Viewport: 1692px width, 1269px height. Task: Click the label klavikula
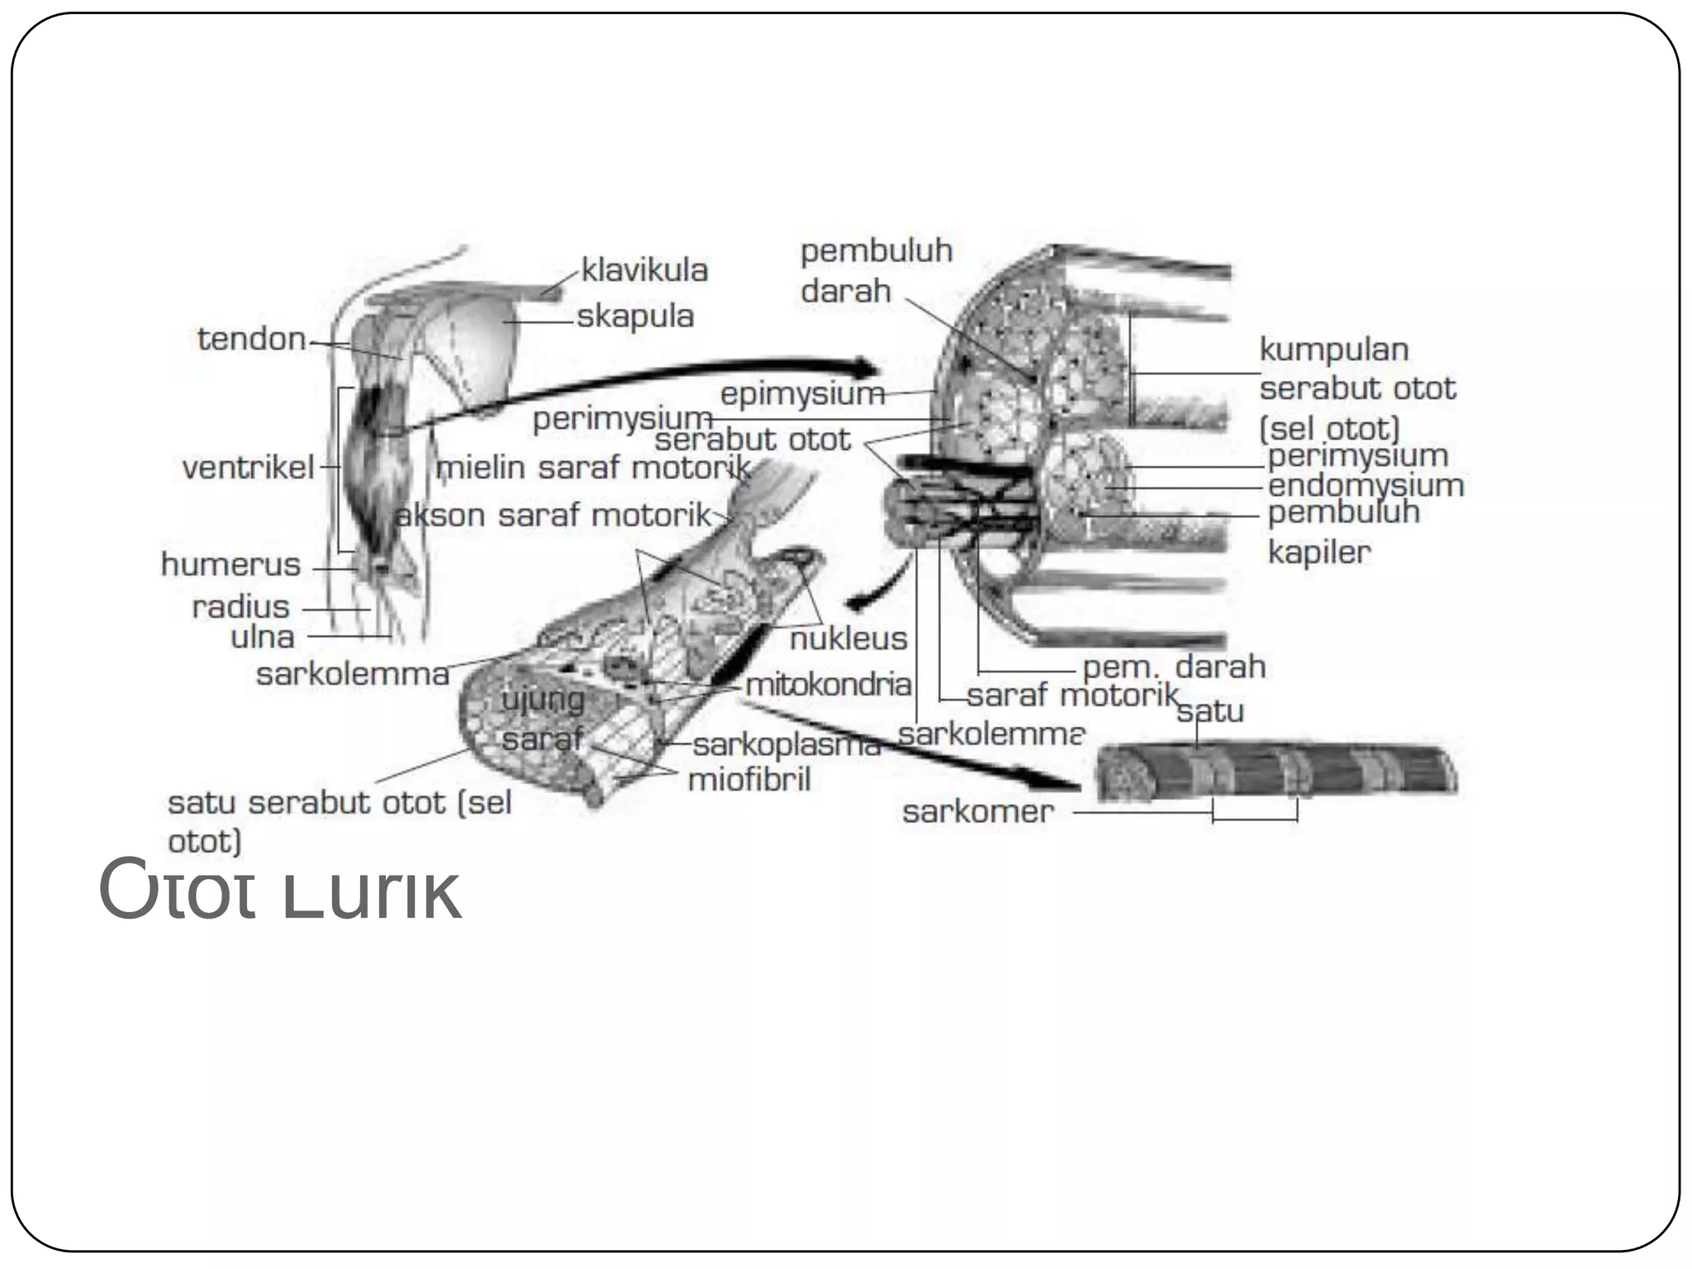(644, 270)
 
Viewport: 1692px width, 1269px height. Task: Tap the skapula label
(634, 316)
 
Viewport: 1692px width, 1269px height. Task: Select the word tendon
(251, 340)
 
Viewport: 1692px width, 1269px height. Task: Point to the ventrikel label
(248, 468)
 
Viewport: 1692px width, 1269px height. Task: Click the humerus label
(231, 565)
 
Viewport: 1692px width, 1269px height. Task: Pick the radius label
(240, 607)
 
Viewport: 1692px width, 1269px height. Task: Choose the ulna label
(262, 637)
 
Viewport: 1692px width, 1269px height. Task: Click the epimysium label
(802, 394)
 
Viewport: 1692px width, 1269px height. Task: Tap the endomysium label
(1366, 485)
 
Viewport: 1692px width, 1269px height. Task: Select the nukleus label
(848, 639)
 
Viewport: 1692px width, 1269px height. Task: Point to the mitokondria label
(828, 684)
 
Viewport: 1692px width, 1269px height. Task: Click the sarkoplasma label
(787, 745)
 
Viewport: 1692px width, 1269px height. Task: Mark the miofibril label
(749, 779)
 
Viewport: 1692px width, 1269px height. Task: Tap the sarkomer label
(977, 812)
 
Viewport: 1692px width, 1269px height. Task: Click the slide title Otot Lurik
(279, 891)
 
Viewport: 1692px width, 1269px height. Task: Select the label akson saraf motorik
(553, 516)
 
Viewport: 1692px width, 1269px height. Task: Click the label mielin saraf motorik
(592, 468)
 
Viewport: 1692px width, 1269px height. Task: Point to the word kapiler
(1319, 552)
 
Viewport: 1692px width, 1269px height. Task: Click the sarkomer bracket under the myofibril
(1254, 818)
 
